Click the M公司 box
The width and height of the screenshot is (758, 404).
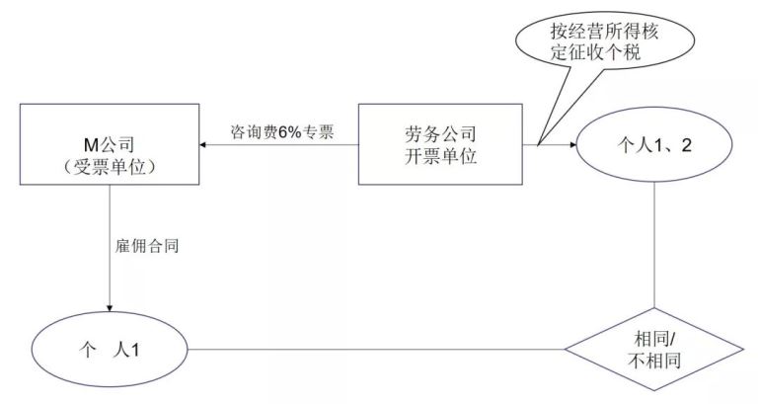[x=108, y=146]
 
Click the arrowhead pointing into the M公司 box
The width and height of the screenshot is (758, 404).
[x=204, y=146]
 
